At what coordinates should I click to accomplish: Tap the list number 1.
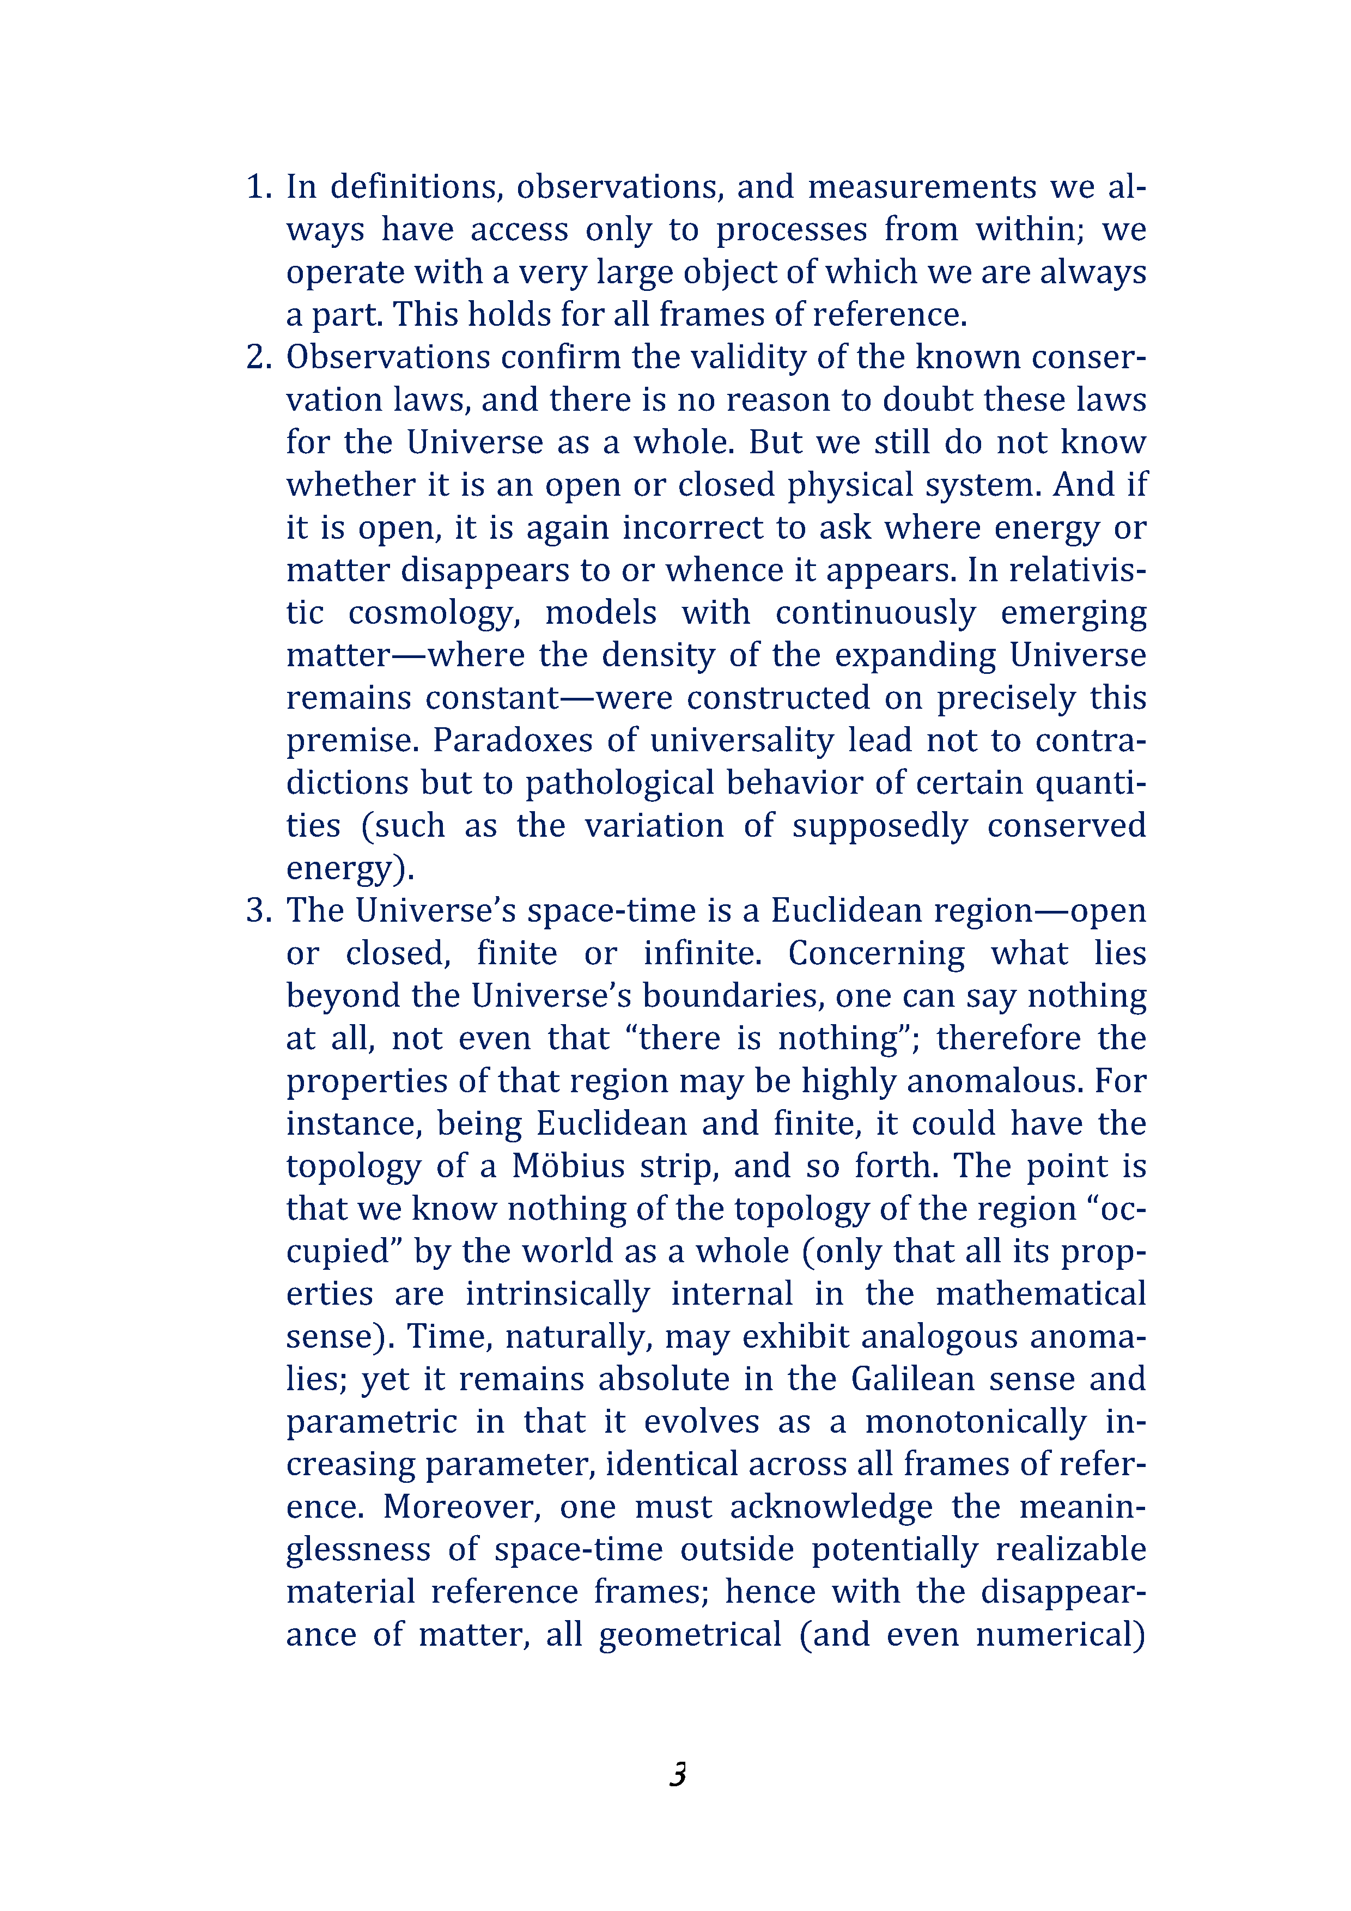[x=259, y=186]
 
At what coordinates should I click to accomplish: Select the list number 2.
[x=259, y=357]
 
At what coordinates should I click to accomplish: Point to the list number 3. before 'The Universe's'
[x=259, y=910]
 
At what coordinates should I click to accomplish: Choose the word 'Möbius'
[x=568, y=1167]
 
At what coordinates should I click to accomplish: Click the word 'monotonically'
[x=976, y=1422]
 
